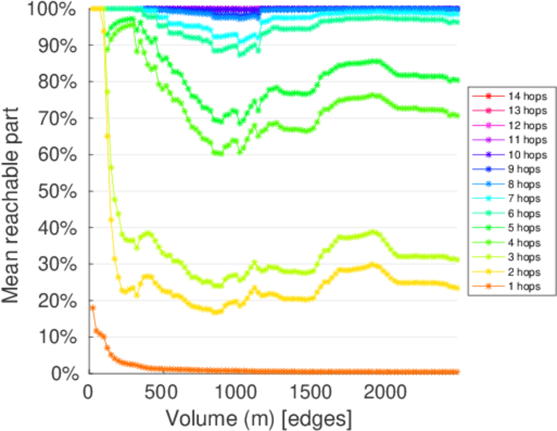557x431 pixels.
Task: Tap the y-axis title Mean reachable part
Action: [x=16, y=190]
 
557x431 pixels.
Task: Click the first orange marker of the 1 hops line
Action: [x=92, y=307]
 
